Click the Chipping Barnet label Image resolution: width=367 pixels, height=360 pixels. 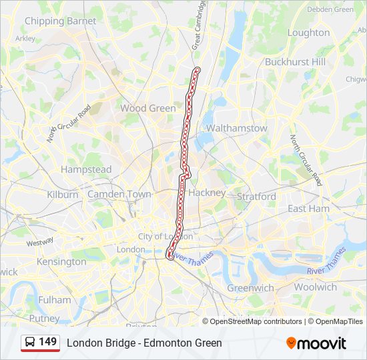(x=60, y=21)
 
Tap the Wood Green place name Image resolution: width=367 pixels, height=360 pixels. (x=148, y=108)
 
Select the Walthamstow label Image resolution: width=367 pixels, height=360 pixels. (x=236, y=128)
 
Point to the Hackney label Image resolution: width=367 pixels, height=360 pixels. (x=207, y=192)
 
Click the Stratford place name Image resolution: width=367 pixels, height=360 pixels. (x=256, y=197)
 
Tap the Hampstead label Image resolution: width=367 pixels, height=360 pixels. (x=86, y=169)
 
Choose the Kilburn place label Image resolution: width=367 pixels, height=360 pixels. (x=63, y=195)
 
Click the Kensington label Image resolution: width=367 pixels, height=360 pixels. (x=61, y=261)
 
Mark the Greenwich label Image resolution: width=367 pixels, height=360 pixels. (x=250, y=288)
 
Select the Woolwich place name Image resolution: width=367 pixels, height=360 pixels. (x=316, y=287)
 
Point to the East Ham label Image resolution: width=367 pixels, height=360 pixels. (x=308, y=209)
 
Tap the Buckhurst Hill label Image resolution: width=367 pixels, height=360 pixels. (x=295, y=61)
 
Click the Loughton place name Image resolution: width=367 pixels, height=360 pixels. (x=308, y=33)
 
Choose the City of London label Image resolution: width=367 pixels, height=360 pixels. (x=165, y=237)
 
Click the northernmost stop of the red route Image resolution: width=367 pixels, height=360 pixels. (x=196, y=69)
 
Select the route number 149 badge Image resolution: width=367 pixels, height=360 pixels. (x=40, y=343)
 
